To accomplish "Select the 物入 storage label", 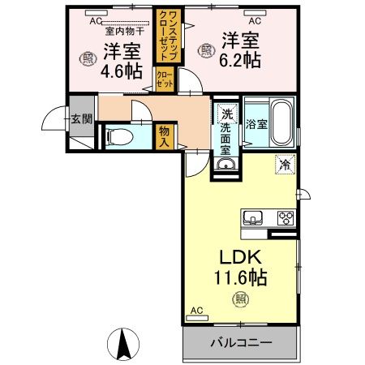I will pos(165,135).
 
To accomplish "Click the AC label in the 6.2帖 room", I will pos(254,20).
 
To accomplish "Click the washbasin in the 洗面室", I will pos(225,165).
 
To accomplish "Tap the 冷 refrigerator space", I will pos(285,165).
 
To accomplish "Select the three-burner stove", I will pos(285,217).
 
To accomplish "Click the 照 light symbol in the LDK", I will pos(242,298).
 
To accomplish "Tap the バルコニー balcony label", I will pos(240,342).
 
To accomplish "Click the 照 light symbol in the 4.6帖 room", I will pos(88,57).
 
